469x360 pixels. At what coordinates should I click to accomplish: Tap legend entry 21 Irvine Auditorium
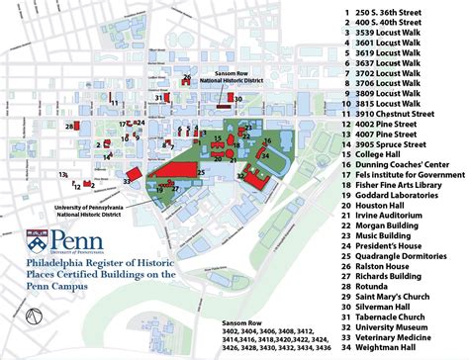coord(380,217)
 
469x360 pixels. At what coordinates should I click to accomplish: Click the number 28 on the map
coord(68,127)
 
